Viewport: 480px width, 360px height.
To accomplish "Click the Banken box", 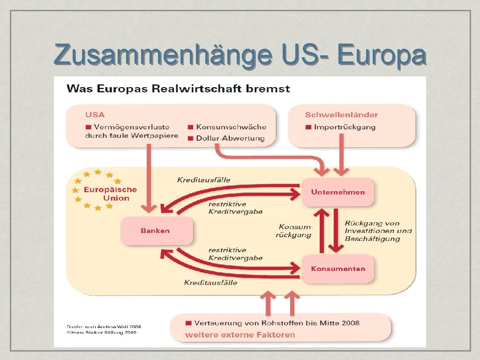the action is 157,231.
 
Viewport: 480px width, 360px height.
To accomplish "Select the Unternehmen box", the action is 337,192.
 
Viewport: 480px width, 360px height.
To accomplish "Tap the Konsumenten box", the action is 337,269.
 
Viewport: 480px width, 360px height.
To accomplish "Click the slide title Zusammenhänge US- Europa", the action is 240,54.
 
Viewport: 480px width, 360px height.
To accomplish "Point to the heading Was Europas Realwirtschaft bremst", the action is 178,89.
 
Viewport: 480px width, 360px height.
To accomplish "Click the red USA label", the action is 95,115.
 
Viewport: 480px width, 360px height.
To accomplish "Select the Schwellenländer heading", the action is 341,115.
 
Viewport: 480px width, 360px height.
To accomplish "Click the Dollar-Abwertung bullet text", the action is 230,138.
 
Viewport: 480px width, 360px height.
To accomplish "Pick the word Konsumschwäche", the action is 231,127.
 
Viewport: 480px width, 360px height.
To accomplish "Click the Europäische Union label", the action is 110,194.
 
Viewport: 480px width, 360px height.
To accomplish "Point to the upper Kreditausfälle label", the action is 204,180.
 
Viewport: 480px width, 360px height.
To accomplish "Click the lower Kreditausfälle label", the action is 210,283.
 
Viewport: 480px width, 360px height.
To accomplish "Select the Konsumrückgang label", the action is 294,231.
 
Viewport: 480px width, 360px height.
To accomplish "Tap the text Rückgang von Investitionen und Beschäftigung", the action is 378,231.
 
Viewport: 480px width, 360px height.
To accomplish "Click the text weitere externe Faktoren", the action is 240,335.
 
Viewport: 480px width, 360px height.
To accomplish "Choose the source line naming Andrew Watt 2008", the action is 104,327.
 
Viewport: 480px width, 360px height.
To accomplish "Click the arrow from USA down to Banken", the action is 150,178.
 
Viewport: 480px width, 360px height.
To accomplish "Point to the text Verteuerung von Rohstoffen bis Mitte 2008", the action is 277,323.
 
